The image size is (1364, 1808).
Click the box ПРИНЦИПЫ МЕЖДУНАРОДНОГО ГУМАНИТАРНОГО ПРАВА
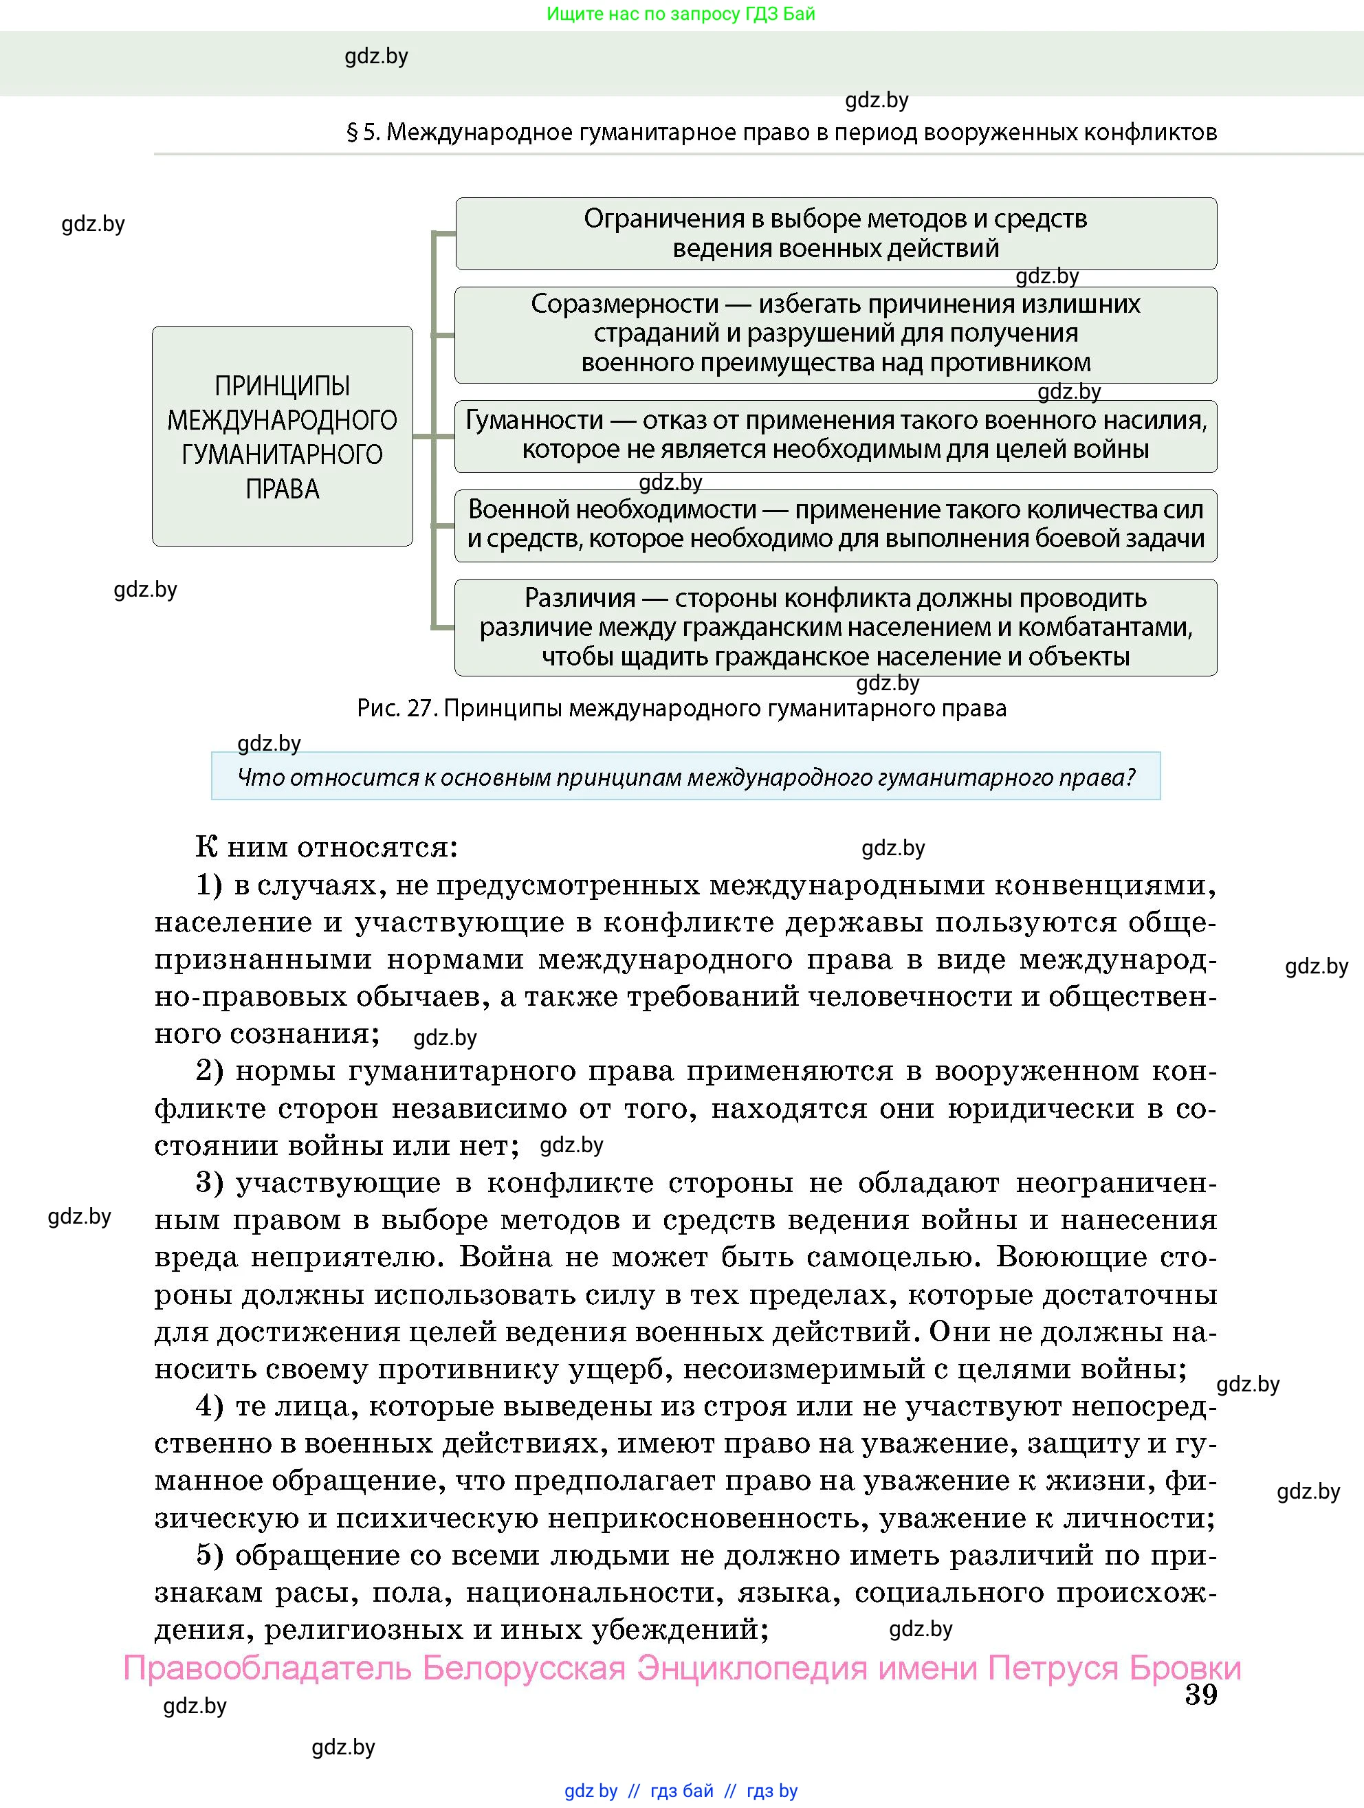click(x=282, y=437)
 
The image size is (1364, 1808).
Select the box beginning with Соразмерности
click(x=835, y=334)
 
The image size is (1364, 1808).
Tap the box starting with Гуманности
click(x=835, y=436)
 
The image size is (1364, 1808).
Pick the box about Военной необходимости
click(x=835, y=525)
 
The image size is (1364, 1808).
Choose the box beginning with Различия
click(x=835, y=627)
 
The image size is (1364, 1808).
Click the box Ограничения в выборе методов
click(x=835, y=234)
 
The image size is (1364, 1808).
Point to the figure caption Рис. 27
click(x=681, y=709)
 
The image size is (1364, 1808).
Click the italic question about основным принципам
click(x=685, y=777)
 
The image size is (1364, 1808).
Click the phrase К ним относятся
click(x=326, y=848)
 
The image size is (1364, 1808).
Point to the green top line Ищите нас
click(x=681, y=14)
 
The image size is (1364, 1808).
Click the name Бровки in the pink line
click(x=1185, y=1667)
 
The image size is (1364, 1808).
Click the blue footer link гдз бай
click(x=681, y=1791)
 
